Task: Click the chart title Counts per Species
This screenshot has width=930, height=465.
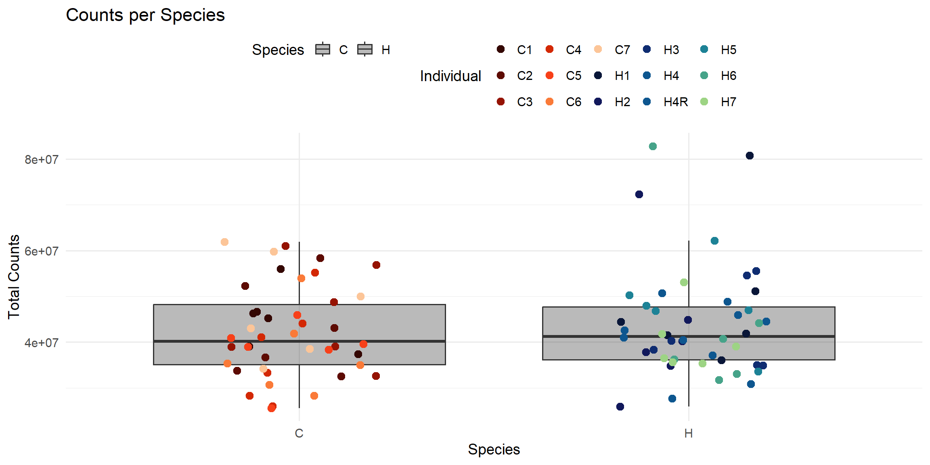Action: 145,15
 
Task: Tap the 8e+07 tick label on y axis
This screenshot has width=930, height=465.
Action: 41,160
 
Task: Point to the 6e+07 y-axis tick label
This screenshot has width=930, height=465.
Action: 41,251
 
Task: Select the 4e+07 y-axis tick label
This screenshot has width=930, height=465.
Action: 41,343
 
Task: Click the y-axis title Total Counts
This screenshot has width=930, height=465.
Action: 14,277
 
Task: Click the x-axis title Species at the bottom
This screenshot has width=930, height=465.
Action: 494,449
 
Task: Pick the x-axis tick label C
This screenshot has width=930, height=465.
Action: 299,433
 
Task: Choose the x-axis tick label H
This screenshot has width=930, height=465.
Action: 689,433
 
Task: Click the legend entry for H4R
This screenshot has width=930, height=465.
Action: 675,102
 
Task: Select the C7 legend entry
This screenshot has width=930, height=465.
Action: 622,50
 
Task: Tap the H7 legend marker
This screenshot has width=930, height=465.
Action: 704,102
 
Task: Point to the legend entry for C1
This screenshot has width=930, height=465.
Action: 524,50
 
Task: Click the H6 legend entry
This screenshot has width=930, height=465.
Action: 728,75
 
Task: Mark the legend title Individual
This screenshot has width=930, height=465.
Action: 450,76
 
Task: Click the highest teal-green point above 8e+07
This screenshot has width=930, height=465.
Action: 653,146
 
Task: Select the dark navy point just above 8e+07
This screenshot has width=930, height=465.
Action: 750,156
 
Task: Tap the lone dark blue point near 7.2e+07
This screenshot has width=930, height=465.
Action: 639,195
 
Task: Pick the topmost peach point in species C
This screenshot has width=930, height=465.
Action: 225,242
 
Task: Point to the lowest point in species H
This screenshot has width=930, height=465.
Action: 620,406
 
